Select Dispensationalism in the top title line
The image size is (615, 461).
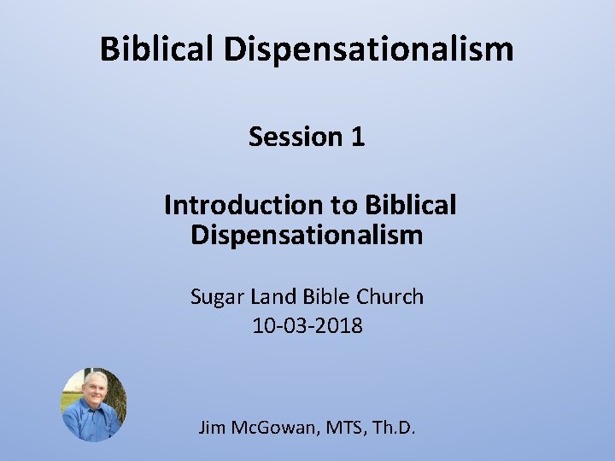tap(369, 50)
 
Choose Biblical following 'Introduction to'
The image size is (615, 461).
tap(411, 205)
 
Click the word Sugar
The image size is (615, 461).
tap(218, 297)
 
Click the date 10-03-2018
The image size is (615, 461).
tap(307, 325)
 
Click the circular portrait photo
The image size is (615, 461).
tap(94, 405)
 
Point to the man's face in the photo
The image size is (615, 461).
tap(94, 388)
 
